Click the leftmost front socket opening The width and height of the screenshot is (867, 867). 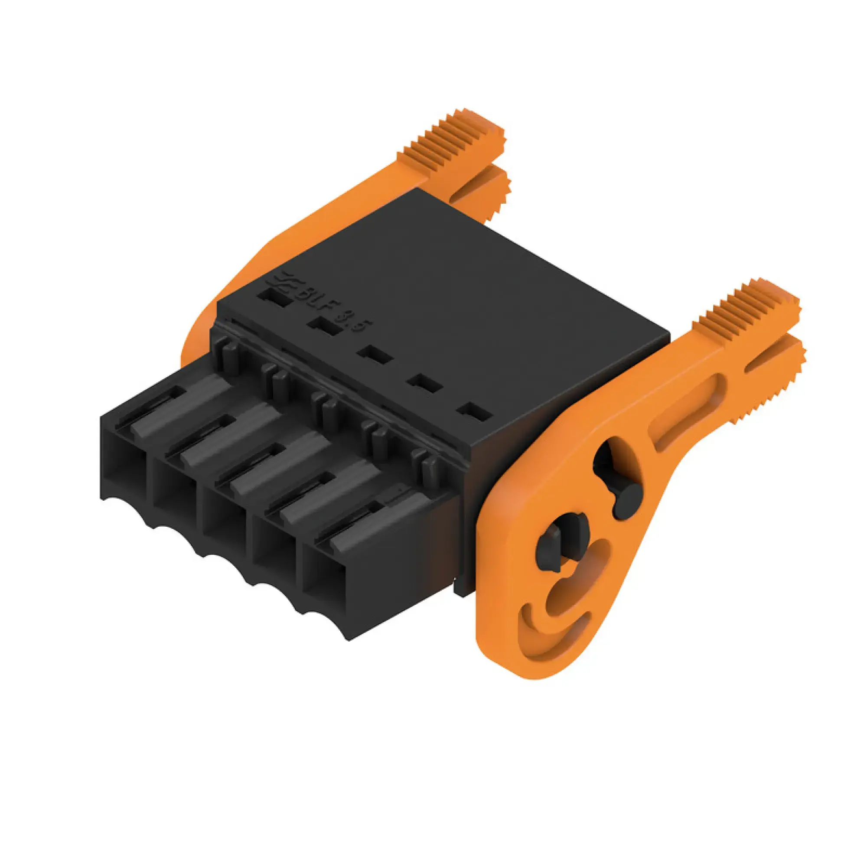coord(126,467)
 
